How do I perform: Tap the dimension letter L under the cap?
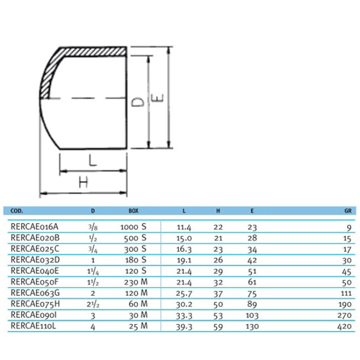pyautogui.click(x=92, y=160)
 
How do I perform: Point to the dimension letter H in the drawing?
pyautogui.click(x=83, y=182)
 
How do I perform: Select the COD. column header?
pyautogui.click(x=16, y=210)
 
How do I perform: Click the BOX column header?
pyautogui.click(x=133, y=210)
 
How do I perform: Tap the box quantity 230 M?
pyautogui.click(x=135, y=282)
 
